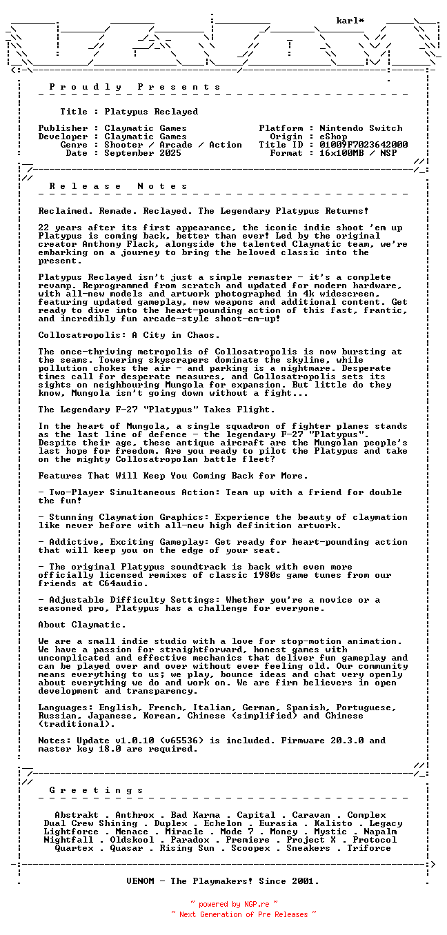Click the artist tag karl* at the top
pos(350,21)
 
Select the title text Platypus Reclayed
pos(151,112)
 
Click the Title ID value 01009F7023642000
pos(364,145)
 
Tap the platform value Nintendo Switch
pos(361,128)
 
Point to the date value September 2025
pos(143,153)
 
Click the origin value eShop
pos(333,137)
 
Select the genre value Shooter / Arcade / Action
pos(173,145)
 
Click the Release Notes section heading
pos(118,186)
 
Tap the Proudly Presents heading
pos(135,87)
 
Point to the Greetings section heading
pos(96,790)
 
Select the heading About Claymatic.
pos(82,625)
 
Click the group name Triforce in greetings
pos(369,848)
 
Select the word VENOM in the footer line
pos(140,881)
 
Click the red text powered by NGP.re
pos(235,904)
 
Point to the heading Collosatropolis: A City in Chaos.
pos(129,335)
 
